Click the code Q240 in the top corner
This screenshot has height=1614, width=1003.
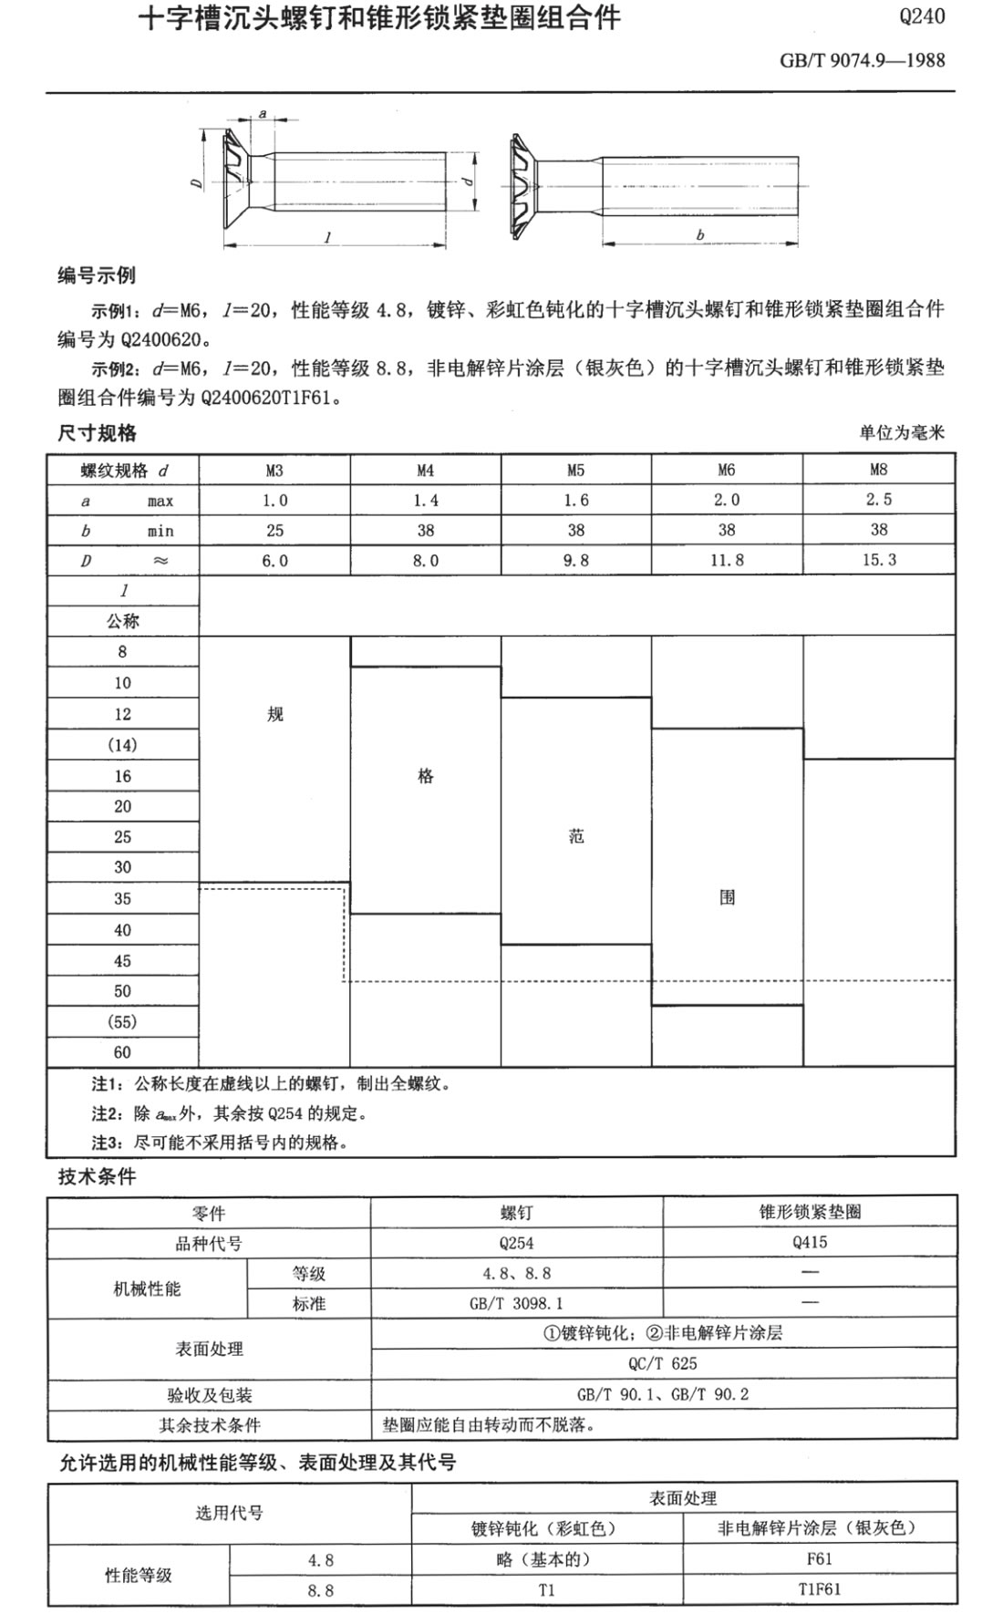coord(921,16)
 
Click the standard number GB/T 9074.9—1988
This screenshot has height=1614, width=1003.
coord(862,61)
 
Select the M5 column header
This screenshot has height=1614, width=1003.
coord(575,471)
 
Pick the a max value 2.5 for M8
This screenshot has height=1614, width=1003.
coord(879,500)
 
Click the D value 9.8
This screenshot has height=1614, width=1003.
coord(575,560)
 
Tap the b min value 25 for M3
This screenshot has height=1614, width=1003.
coord(274,530)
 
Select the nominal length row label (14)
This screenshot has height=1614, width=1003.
coord(122,745)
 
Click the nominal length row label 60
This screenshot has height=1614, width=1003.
coord(122,1052)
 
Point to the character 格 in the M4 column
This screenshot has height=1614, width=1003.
coord(425,776)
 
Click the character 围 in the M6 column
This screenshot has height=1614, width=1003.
coord(727,897)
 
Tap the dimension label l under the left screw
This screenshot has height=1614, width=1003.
coord(327,237)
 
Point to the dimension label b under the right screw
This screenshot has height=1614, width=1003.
coord(699,235)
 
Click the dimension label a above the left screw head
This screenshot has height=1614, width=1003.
coord(263,114)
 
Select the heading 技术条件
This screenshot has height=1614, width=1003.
coord(97,1176)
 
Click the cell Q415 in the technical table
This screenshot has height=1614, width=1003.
coord(810,1243)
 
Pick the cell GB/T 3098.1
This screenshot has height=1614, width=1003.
coord(516,1304)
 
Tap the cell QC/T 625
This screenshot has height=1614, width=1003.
coord(663,1363)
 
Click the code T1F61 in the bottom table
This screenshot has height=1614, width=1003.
coord(819,1589)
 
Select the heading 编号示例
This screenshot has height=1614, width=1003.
coord(97,275)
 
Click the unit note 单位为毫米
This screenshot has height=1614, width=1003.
coord(901,432)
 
